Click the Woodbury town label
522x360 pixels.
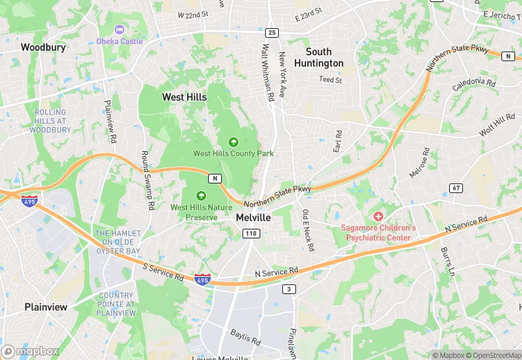pyautogui.click(x=43, y=47)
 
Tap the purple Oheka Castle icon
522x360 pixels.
pyautogui.click(x=120, y=30)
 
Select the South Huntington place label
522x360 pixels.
pyautogui.click(x=319, y=57)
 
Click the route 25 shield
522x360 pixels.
pyautogui.click(x=272, y=32)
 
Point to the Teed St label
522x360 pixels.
pyautogui.click(x=330, y=80)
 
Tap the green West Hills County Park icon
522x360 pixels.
pyautogui.click(x=234, y=142)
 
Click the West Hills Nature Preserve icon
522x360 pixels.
pyautogui.click(x=202, y=195)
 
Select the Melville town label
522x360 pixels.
pyautogui.click(x=253, y=216)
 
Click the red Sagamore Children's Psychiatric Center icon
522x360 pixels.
pyautogui.click(x=378, y=216)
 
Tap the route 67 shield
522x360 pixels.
pyautogui.click(x=456, y=188)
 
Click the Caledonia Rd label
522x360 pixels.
pyautogui.click(x=473, y=85)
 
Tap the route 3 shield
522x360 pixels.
pyautogui.click(x=290, y=289)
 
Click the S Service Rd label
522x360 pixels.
pyautogui.click(x=163, y=271)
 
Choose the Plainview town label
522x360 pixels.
pyautogui.click(x=46, y=307)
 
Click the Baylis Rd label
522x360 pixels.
pyautogui.click(x=245, y=336)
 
